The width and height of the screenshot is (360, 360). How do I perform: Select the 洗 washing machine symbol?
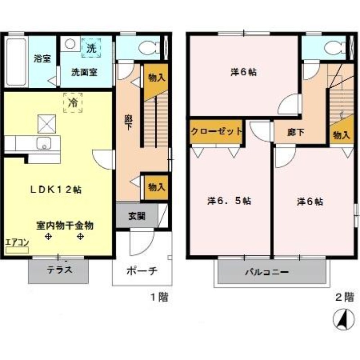(91, 48)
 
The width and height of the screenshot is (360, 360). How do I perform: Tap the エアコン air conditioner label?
(17, 242)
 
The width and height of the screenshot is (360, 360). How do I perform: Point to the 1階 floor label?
(159, 297)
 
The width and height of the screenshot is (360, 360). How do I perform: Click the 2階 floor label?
(345, 297)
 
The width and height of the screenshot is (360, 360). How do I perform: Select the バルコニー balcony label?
(266, 272)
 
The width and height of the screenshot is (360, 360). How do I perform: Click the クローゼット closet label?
(216, 132)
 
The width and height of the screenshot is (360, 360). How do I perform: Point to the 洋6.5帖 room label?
(229, 201)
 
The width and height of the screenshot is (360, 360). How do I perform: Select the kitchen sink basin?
(43, 144)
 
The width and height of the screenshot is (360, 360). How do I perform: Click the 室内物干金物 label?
(65, 225)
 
